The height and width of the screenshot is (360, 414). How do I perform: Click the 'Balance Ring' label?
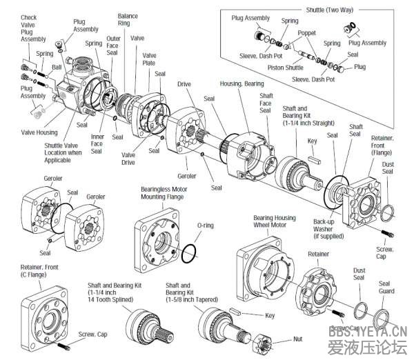[128, 19]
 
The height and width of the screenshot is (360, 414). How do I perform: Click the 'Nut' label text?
[297, 339]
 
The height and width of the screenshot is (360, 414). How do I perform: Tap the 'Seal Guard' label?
[384, 288]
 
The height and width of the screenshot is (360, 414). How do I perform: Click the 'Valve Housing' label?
[39, 132]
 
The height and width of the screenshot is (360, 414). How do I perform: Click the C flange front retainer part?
[44, 317]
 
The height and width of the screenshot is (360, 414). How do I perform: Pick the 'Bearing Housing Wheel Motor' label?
[274, 221]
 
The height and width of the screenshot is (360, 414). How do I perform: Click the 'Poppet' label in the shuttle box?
[307, 32]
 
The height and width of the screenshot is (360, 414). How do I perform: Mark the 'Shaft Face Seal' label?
[266, 103]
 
